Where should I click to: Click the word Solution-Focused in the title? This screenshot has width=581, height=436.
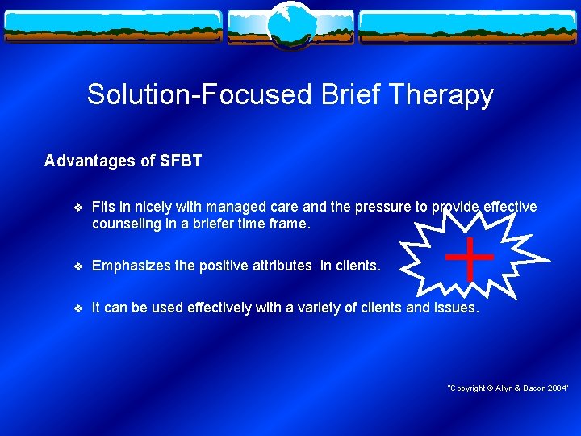[x=199, y=95]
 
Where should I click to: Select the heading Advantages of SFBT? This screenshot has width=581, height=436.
[x=123, y=161]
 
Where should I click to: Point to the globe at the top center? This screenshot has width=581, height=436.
[x=290, y=24]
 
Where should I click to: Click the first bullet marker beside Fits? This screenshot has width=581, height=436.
[x=77, y=208]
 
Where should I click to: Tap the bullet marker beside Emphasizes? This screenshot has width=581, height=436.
[x=77, y=266]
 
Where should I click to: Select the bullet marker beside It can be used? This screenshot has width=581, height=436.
[x=77, y=308]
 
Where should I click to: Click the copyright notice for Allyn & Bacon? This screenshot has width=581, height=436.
[x=508, y=389]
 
